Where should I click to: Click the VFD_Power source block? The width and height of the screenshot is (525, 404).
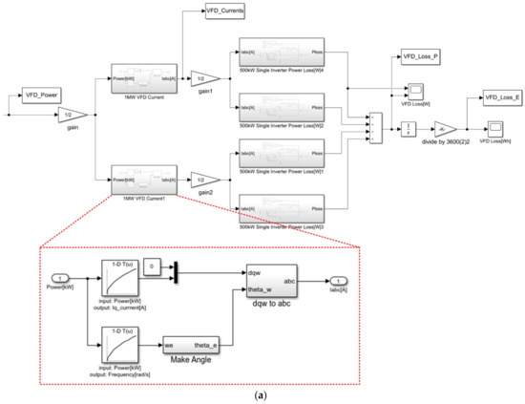click(x=40, y=96)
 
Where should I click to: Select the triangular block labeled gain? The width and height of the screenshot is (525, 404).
click(x=72, y=115)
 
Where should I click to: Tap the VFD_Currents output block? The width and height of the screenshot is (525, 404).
click(x=225, y=11)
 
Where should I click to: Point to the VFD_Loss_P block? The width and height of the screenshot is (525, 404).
click(x=419, y=55)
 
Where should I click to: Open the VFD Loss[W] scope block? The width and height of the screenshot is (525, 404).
click(x=416, y=92)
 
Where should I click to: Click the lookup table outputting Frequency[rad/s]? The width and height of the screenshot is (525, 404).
click(x=118, y=337)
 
